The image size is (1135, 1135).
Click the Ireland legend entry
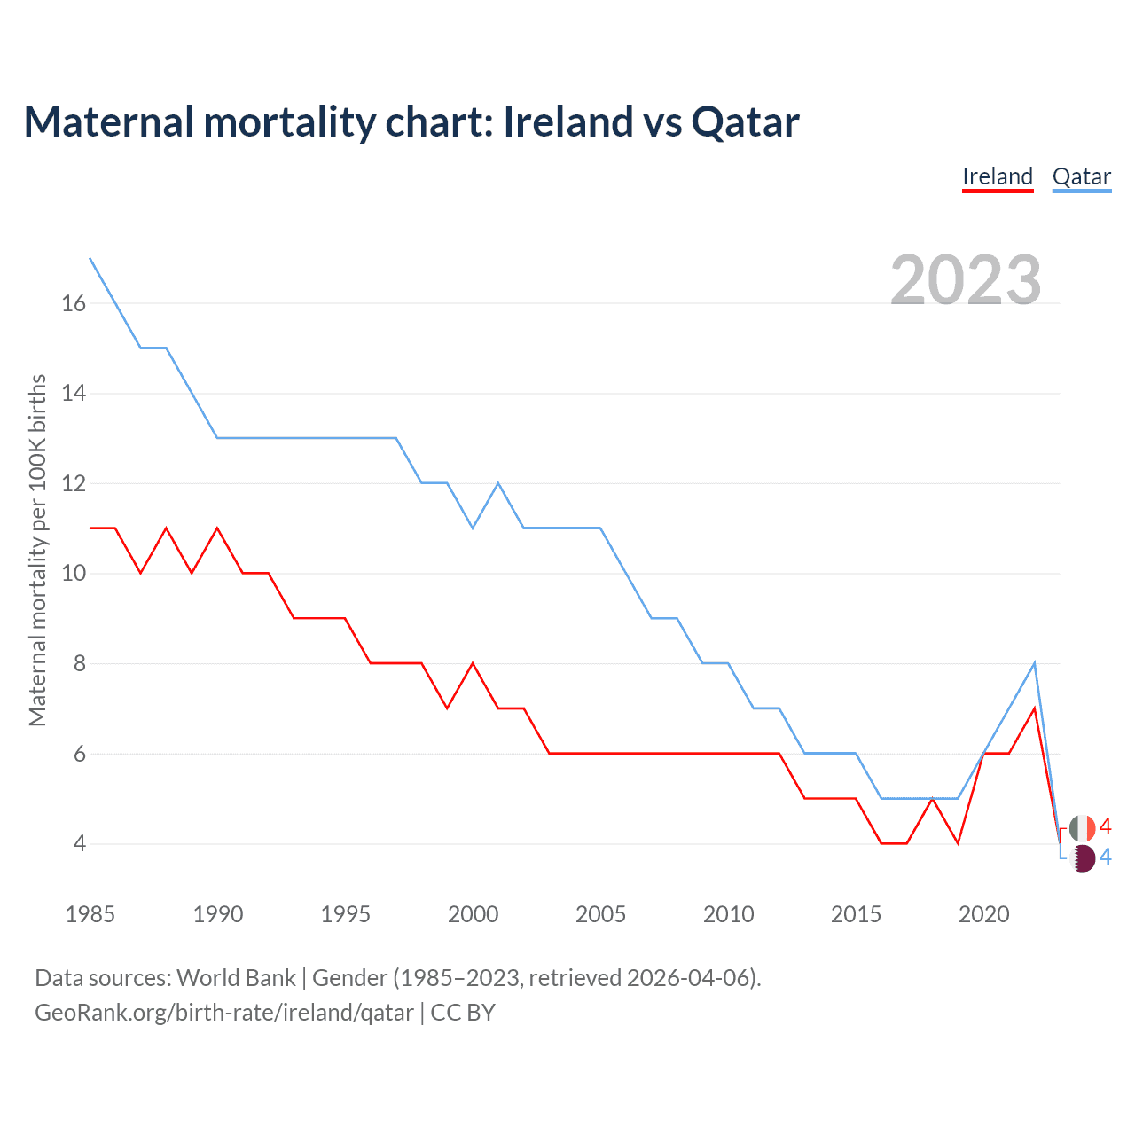click(998, 176)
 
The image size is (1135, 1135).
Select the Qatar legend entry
click(1081, 176)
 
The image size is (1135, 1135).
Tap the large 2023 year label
click(966, 280)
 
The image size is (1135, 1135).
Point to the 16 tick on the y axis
click(74, 303)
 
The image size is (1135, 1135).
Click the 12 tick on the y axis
click(74, 483)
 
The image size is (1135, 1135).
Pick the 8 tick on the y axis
click(80, 663)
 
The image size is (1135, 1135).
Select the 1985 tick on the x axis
click(90, 914)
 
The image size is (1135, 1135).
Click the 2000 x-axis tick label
click(473, 914)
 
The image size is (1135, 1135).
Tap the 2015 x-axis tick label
click(856, 914)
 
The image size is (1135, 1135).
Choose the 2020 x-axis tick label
click(983, 914)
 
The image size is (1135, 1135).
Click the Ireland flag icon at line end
click(1082, 828)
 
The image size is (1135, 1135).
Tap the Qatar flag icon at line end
click(1082, 857)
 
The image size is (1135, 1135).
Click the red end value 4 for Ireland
click(1105, 827)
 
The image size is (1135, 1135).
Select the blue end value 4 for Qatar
click(1105, 857)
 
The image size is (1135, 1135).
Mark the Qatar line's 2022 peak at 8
click(1034, 663)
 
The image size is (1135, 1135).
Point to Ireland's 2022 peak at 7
click(1034, 708)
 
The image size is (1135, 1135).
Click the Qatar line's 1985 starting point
click(90, 258)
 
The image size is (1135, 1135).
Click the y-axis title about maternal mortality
click(37, 550)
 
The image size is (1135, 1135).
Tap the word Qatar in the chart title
click(745, 121)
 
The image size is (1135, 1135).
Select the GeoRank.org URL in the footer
click(223, 1013)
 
